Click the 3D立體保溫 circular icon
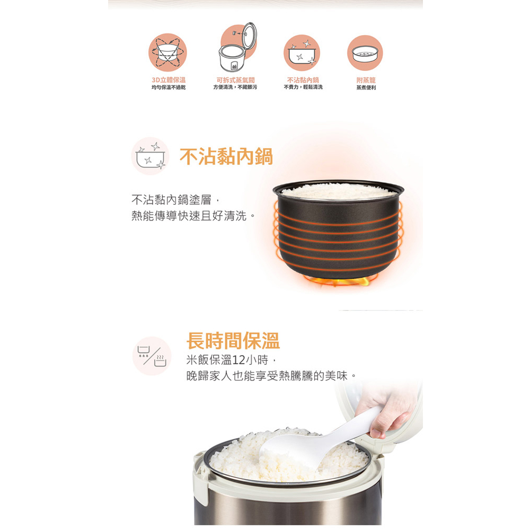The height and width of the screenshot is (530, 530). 167,53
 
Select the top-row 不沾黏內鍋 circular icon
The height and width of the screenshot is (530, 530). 302,53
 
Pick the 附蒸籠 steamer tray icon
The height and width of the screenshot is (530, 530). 365,53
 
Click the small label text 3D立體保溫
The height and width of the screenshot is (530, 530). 169,79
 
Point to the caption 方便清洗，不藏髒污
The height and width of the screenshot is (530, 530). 235,87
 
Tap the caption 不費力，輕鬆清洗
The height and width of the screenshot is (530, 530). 303,87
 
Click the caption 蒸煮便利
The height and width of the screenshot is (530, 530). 366,87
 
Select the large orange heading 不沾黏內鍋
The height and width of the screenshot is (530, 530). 226,156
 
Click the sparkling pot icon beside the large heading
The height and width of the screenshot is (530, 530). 151,156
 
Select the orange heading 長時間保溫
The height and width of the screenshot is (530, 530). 233,340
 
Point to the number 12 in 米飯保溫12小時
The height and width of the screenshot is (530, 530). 238,360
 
